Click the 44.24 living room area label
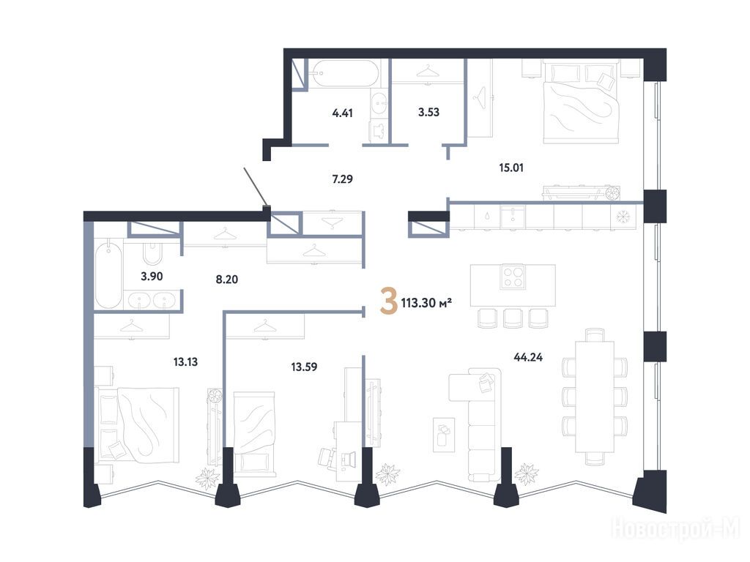point(528,357)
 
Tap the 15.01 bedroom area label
point(510,168)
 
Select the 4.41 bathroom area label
point(343,113)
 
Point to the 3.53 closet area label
point(428,112)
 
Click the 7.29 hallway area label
point(343,179)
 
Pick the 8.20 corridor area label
point(227,280)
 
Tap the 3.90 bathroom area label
point(152,276)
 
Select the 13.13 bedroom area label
point(185,362)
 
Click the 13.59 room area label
point(304,367)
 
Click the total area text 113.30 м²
point(427,303)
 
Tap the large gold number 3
point(388,301)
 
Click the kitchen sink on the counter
point(512,216)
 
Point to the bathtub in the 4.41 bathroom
point(344,73)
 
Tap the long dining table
point(594,396)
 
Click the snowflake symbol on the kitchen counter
point(623,217)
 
